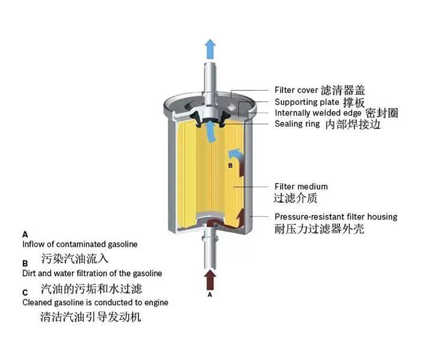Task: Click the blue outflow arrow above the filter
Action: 210,49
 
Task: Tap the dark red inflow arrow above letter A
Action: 210,280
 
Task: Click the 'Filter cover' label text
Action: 296,90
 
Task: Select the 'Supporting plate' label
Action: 307,102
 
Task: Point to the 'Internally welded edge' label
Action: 318,113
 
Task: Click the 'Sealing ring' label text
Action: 297,124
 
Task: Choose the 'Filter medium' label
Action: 301,187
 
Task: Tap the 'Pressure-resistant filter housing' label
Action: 336,217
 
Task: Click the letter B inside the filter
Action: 230,166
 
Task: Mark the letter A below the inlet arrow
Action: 210,295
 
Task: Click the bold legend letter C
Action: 25,292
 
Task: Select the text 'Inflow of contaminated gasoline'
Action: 80,244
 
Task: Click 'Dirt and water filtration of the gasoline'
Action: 92,274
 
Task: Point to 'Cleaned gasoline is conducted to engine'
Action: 95,302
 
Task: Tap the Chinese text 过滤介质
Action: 295,198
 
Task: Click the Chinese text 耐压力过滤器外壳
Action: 319,229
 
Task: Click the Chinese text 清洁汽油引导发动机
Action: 91,317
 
